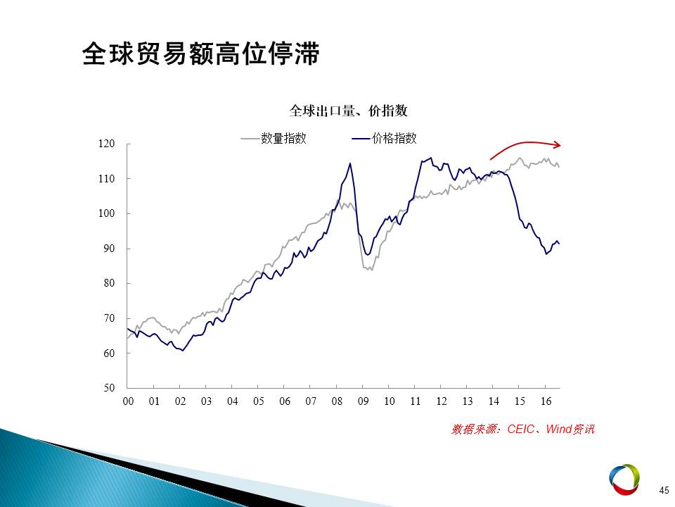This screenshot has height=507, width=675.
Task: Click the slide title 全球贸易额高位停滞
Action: pos(200,54)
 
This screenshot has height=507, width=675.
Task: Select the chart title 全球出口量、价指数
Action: pos(348,111)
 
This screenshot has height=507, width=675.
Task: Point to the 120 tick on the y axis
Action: pos(106,144)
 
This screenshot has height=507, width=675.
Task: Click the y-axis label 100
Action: pos(106,213)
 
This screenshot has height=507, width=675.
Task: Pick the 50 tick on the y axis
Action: pos(109,387)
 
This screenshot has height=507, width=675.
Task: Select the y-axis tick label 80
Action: pos(109,283)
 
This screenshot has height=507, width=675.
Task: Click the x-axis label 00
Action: pos(128,401)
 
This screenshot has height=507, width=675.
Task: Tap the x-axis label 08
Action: pos(337,401)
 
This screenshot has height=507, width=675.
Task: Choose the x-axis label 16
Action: pos(546,401)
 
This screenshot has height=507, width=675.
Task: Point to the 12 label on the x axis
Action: pos(442,401)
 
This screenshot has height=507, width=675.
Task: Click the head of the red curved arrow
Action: pos(560,145)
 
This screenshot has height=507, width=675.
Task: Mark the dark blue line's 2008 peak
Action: pos(350,163)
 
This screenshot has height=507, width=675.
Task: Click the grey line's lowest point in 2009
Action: pos(371,270)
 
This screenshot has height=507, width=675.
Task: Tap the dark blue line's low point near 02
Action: pos(183,351)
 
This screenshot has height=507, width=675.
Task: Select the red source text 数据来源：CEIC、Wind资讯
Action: pos(523,430)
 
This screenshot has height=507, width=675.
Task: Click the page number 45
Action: pos(664,490)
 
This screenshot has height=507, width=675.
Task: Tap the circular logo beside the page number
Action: pos(624,480)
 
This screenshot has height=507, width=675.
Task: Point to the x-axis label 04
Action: pos(233,401)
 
